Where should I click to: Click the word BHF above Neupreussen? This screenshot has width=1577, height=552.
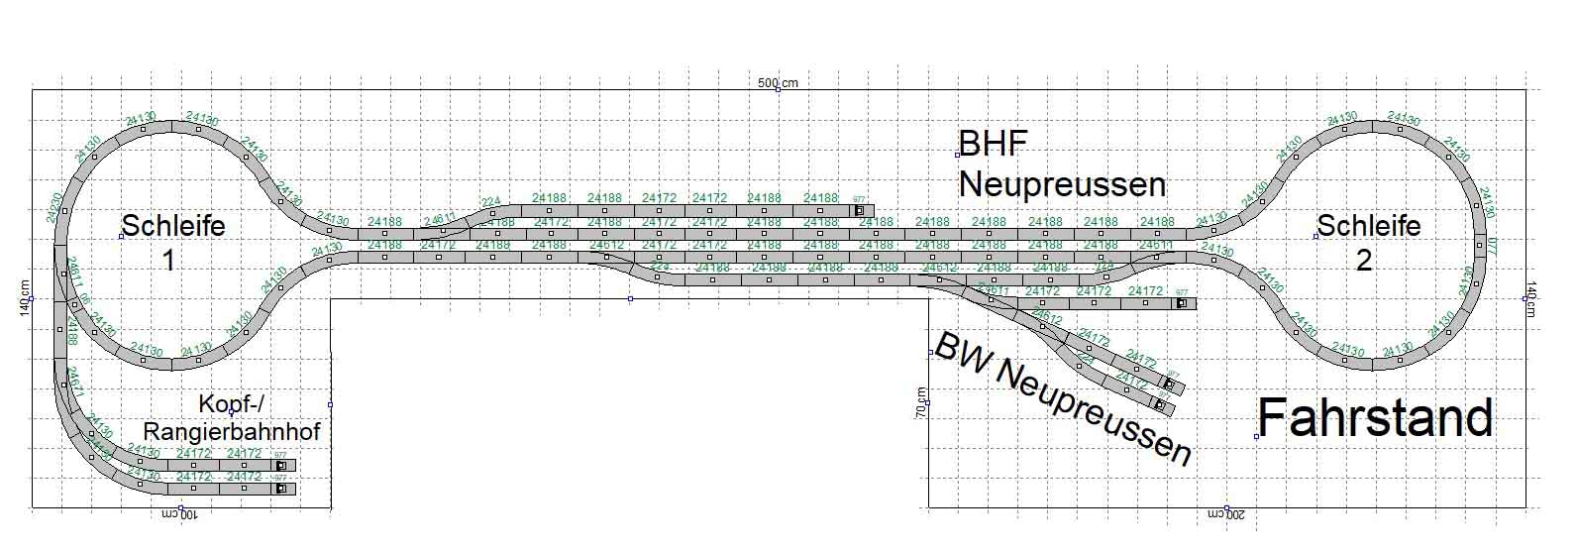point(994,146)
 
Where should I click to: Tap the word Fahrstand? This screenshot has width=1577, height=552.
point(1376,418)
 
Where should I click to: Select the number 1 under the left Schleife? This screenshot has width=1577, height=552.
point(168,261)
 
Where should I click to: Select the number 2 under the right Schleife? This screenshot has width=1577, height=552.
point(1364,261)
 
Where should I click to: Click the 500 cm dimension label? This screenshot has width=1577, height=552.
point(778,82)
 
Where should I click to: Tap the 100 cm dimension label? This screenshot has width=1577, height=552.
point(180,515)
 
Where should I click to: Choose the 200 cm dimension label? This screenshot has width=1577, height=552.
point(1226,515)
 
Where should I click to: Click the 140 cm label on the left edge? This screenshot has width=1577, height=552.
point(25,298)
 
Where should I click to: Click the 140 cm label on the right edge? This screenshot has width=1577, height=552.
point(1531,298)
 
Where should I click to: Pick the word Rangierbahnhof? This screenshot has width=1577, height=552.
point(232,432)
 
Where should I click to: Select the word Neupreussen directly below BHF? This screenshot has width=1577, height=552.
point(1062,184)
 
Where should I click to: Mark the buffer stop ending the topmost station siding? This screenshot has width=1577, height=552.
point(858,210)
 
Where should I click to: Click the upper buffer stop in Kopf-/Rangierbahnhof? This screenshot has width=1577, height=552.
point(281,465)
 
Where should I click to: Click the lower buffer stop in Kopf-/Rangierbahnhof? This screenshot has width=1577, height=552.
point(281,489)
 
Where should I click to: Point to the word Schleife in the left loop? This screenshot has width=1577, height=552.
point(173,226)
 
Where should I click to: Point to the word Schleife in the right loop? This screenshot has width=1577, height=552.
point(1369,226)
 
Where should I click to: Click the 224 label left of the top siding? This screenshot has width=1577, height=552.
point(492,202)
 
